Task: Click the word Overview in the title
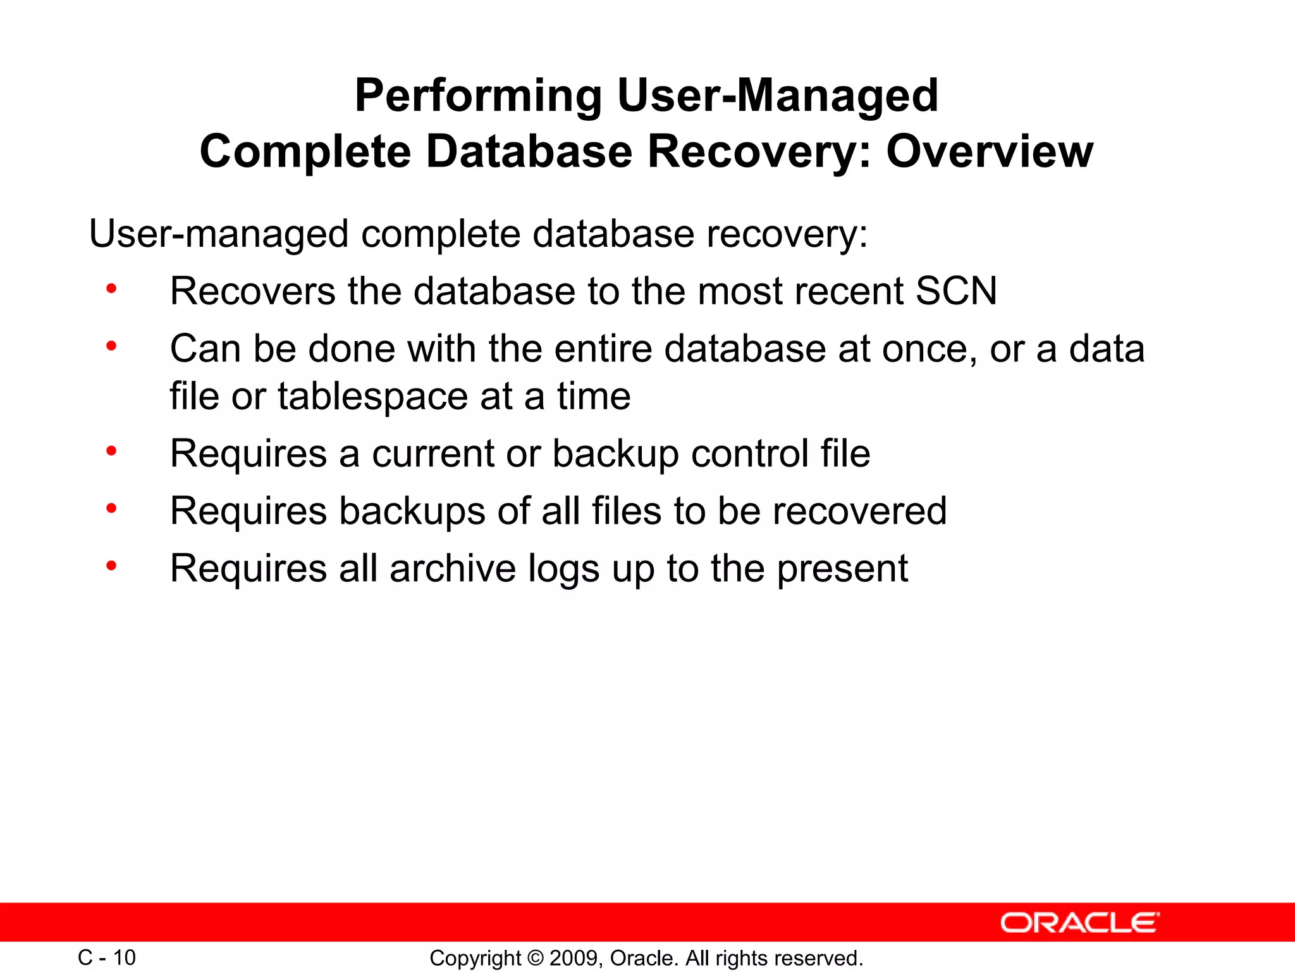990,152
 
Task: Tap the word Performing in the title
478,96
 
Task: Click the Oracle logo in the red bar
1080,923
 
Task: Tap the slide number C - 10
106,957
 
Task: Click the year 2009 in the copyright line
573,958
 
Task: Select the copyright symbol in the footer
535,958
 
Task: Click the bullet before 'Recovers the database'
111,289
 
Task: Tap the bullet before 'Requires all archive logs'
111,565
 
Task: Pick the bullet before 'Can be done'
111,346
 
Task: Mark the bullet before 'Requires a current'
111,451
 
